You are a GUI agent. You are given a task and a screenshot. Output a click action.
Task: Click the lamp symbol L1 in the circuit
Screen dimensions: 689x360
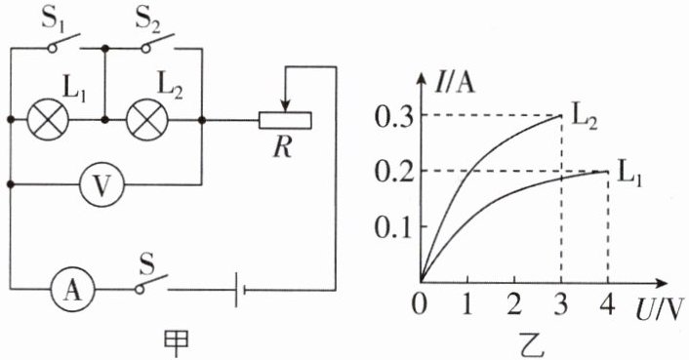[48, 119]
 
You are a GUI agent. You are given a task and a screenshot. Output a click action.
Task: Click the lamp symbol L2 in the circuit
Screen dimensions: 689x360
[147, 119]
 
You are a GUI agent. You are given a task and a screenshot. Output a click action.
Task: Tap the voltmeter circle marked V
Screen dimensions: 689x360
[101, 185]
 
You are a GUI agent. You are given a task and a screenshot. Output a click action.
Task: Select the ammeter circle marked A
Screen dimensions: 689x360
[73, 290]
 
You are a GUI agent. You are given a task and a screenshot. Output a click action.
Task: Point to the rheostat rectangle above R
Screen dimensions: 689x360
[285, 120]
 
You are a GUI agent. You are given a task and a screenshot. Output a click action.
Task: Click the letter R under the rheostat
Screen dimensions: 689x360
[282, 147]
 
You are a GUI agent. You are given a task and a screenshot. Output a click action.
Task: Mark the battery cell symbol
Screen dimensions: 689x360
[239, 290]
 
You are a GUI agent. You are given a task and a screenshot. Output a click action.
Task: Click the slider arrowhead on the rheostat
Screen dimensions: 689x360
[286, 106]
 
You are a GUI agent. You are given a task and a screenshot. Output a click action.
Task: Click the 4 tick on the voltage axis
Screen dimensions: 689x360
[608, 304]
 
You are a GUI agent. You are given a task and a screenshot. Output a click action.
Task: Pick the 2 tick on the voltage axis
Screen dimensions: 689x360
[514, 304]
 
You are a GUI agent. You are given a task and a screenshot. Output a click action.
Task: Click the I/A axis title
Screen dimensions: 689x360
[455, 83]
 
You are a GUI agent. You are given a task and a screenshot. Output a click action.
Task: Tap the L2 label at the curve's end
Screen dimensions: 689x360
[584, 119]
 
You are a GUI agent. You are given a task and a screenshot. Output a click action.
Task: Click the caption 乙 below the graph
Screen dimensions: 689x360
[533, 345]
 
